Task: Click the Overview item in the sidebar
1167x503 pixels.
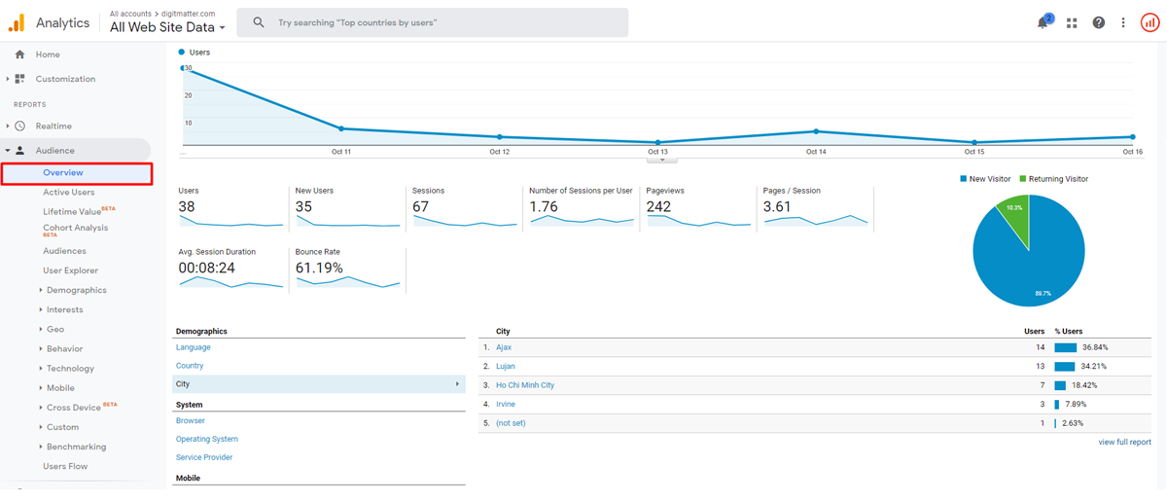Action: click(63, 173)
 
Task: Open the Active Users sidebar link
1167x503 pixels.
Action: click(68, 193)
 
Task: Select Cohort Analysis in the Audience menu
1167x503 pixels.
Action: click(75, 228)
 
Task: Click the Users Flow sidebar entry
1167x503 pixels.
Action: click(65, 466)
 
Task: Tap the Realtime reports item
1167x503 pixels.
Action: click(53, 126)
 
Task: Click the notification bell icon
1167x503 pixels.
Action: click(1043, 22)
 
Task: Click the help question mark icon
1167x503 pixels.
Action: click(1098, 22)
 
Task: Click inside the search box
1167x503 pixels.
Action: click(438, 22)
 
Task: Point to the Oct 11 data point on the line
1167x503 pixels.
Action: click(341, 128)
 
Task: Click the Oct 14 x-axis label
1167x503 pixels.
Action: click(816, 152)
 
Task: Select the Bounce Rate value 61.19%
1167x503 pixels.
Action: click(319, 268)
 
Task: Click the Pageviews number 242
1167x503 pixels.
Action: click(658, 207)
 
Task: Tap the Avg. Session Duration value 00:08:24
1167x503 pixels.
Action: click(206, 268)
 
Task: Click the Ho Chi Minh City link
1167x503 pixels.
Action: click(524, 385)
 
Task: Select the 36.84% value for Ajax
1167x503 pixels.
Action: click(1094, 347)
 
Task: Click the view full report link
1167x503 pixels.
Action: click(1124, 442)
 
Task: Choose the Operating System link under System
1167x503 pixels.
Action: click(206, 439)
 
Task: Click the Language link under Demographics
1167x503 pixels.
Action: click(193, 347)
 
